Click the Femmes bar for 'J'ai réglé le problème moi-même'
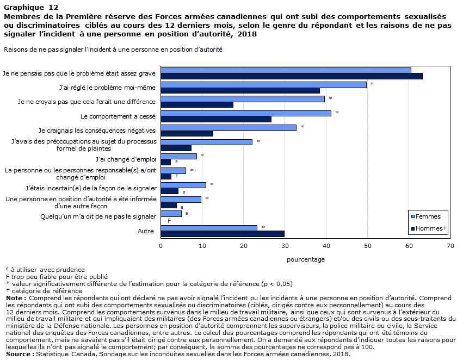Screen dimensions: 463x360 [x=264, y=85]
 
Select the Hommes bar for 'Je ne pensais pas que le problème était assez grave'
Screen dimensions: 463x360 [x=292, y=76]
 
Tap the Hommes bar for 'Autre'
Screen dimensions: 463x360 [x=223, y=234]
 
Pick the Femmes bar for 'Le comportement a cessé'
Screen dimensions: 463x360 [x=246, y=113]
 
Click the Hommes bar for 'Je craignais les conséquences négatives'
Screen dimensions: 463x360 [x=187, y=134]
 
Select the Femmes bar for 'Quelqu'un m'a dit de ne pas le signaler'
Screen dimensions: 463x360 [x=171, y=214]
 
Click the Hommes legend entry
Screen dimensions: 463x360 [x=429, y=228]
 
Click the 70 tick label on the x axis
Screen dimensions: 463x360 [x=450, y=246]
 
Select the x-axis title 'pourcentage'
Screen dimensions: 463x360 [x=306, y=259]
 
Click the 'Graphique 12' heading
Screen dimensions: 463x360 [x=31, y=8]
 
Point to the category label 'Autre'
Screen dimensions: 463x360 [x=146, y=231]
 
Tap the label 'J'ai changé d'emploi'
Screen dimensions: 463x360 [x=126, y=159]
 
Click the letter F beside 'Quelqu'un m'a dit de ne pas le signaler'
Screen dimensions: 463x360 [x=169, y=221]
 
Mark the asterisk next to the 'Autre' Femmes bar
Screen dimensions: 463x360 [x=263, y=227]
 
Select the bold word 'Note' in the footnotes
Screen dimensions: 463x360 [x=14, y=298]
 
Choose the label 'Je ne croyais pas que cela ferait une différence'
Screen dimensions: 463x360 [x=87, y=102]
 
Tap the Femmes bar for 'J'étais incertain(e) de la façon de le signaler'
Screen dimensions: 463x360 [x=183, y=185]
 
